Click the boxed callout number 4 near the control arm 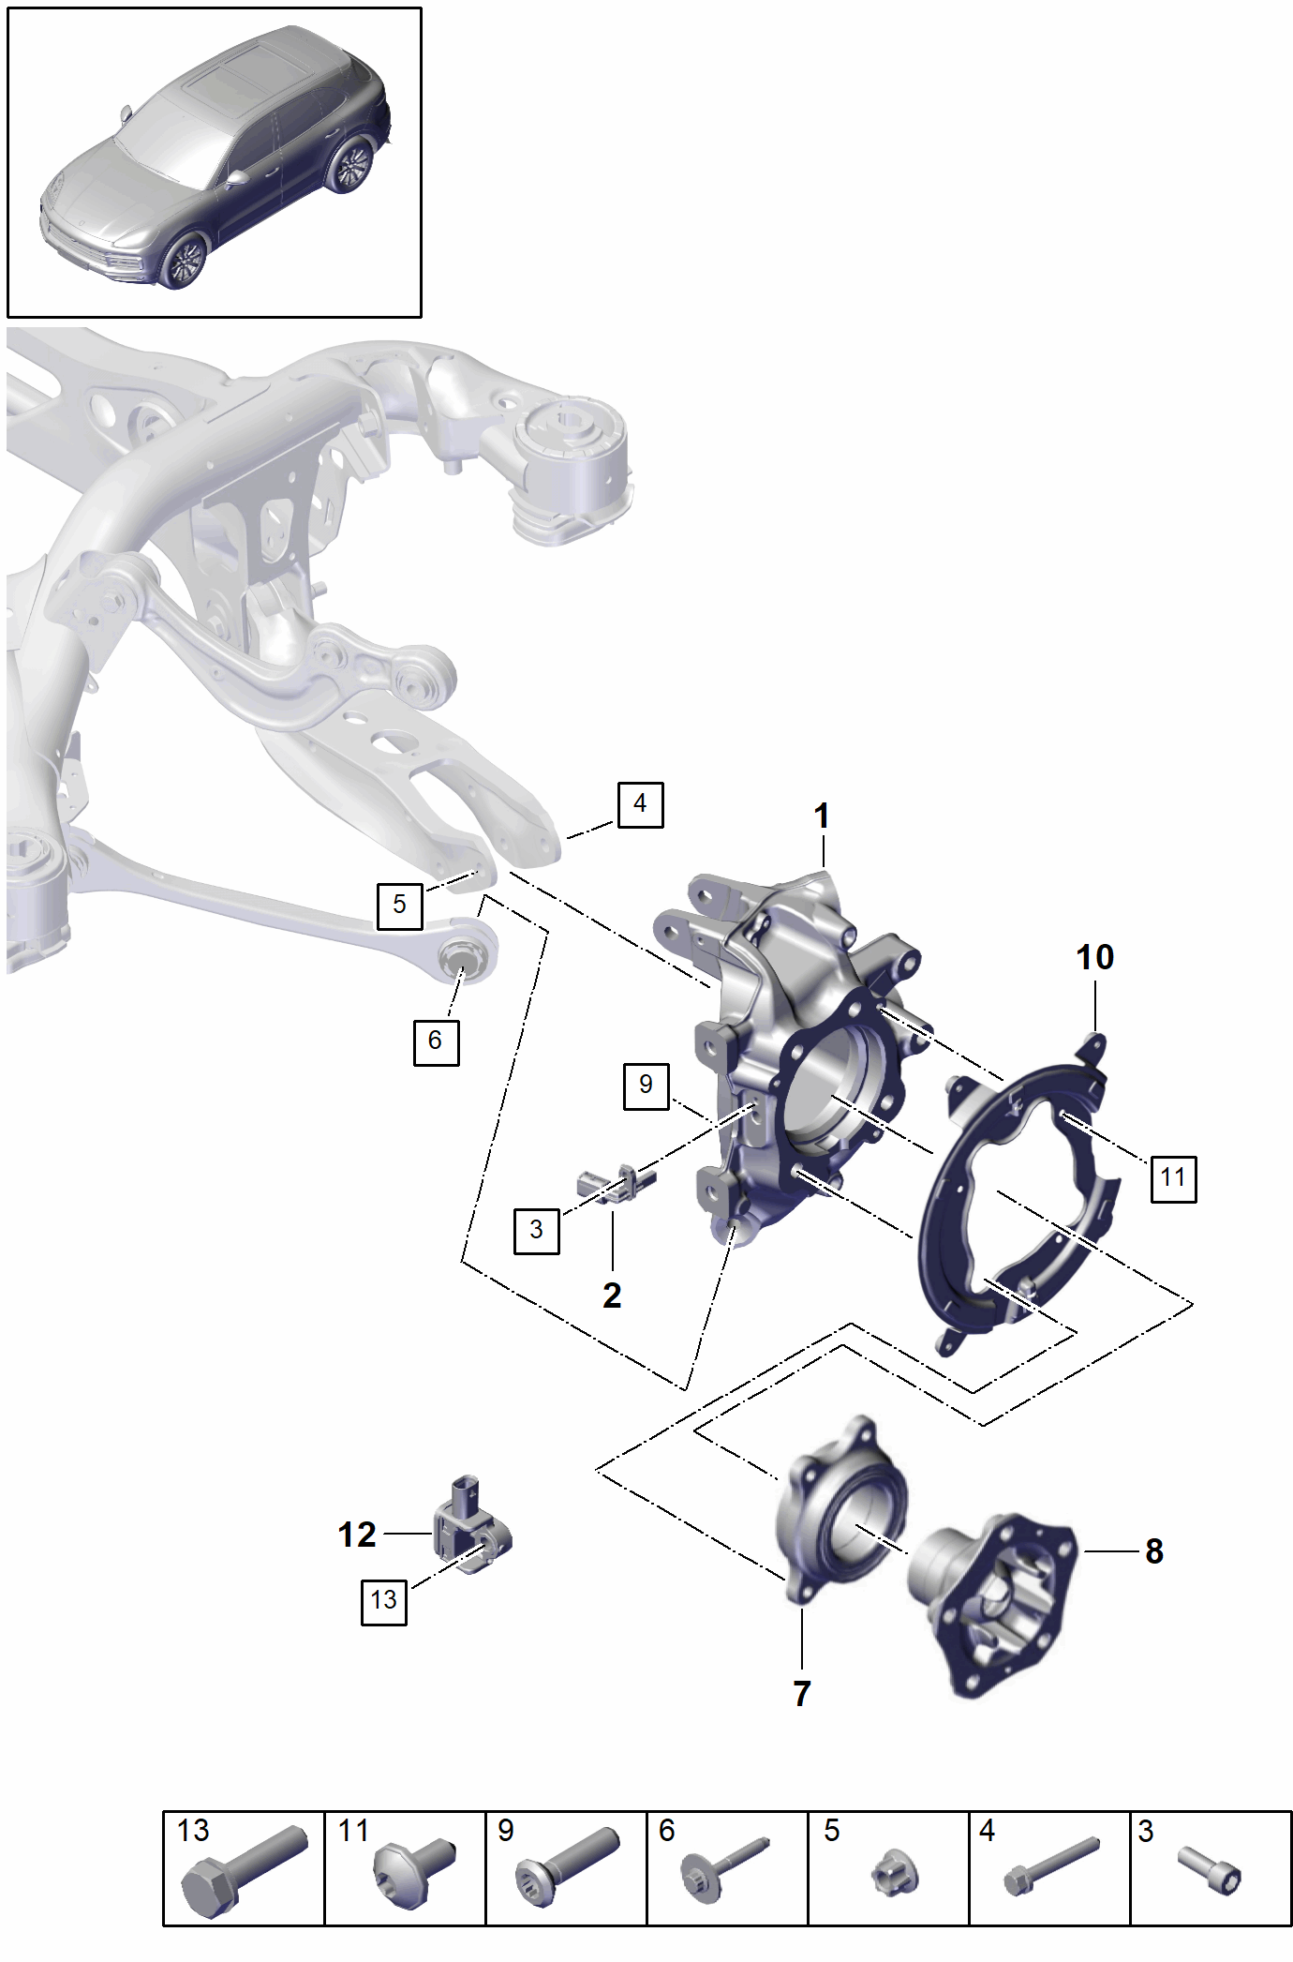tap(640, 804)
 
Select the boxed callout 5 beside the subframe tap(399, 905)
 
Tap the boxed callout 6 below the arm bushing tap(436, 1041)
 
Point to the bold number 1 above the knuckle tap(822, 816)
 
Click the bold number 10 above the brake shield tap(1094, 958)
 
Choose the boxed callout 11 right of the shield tap(1173, 1178)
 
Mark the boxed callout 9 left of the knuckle tap(646, 1086)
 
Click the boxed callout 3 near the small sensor tap(536, 1230)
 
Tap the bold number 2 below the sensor tap(612, 1296)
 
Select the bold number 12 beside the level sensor tap(357, 1535)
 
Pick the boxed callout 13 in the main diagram tap(384, 1600)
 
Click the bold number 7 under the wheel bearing tap(802, 1693)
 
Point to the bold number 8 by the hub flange tap(1154, 1551)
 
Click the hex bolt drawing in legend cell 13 tap(244, 1871)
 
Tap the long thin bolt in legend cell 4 tap(1050, 1865)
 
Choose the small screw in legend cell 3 tap(1210, 1869)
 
